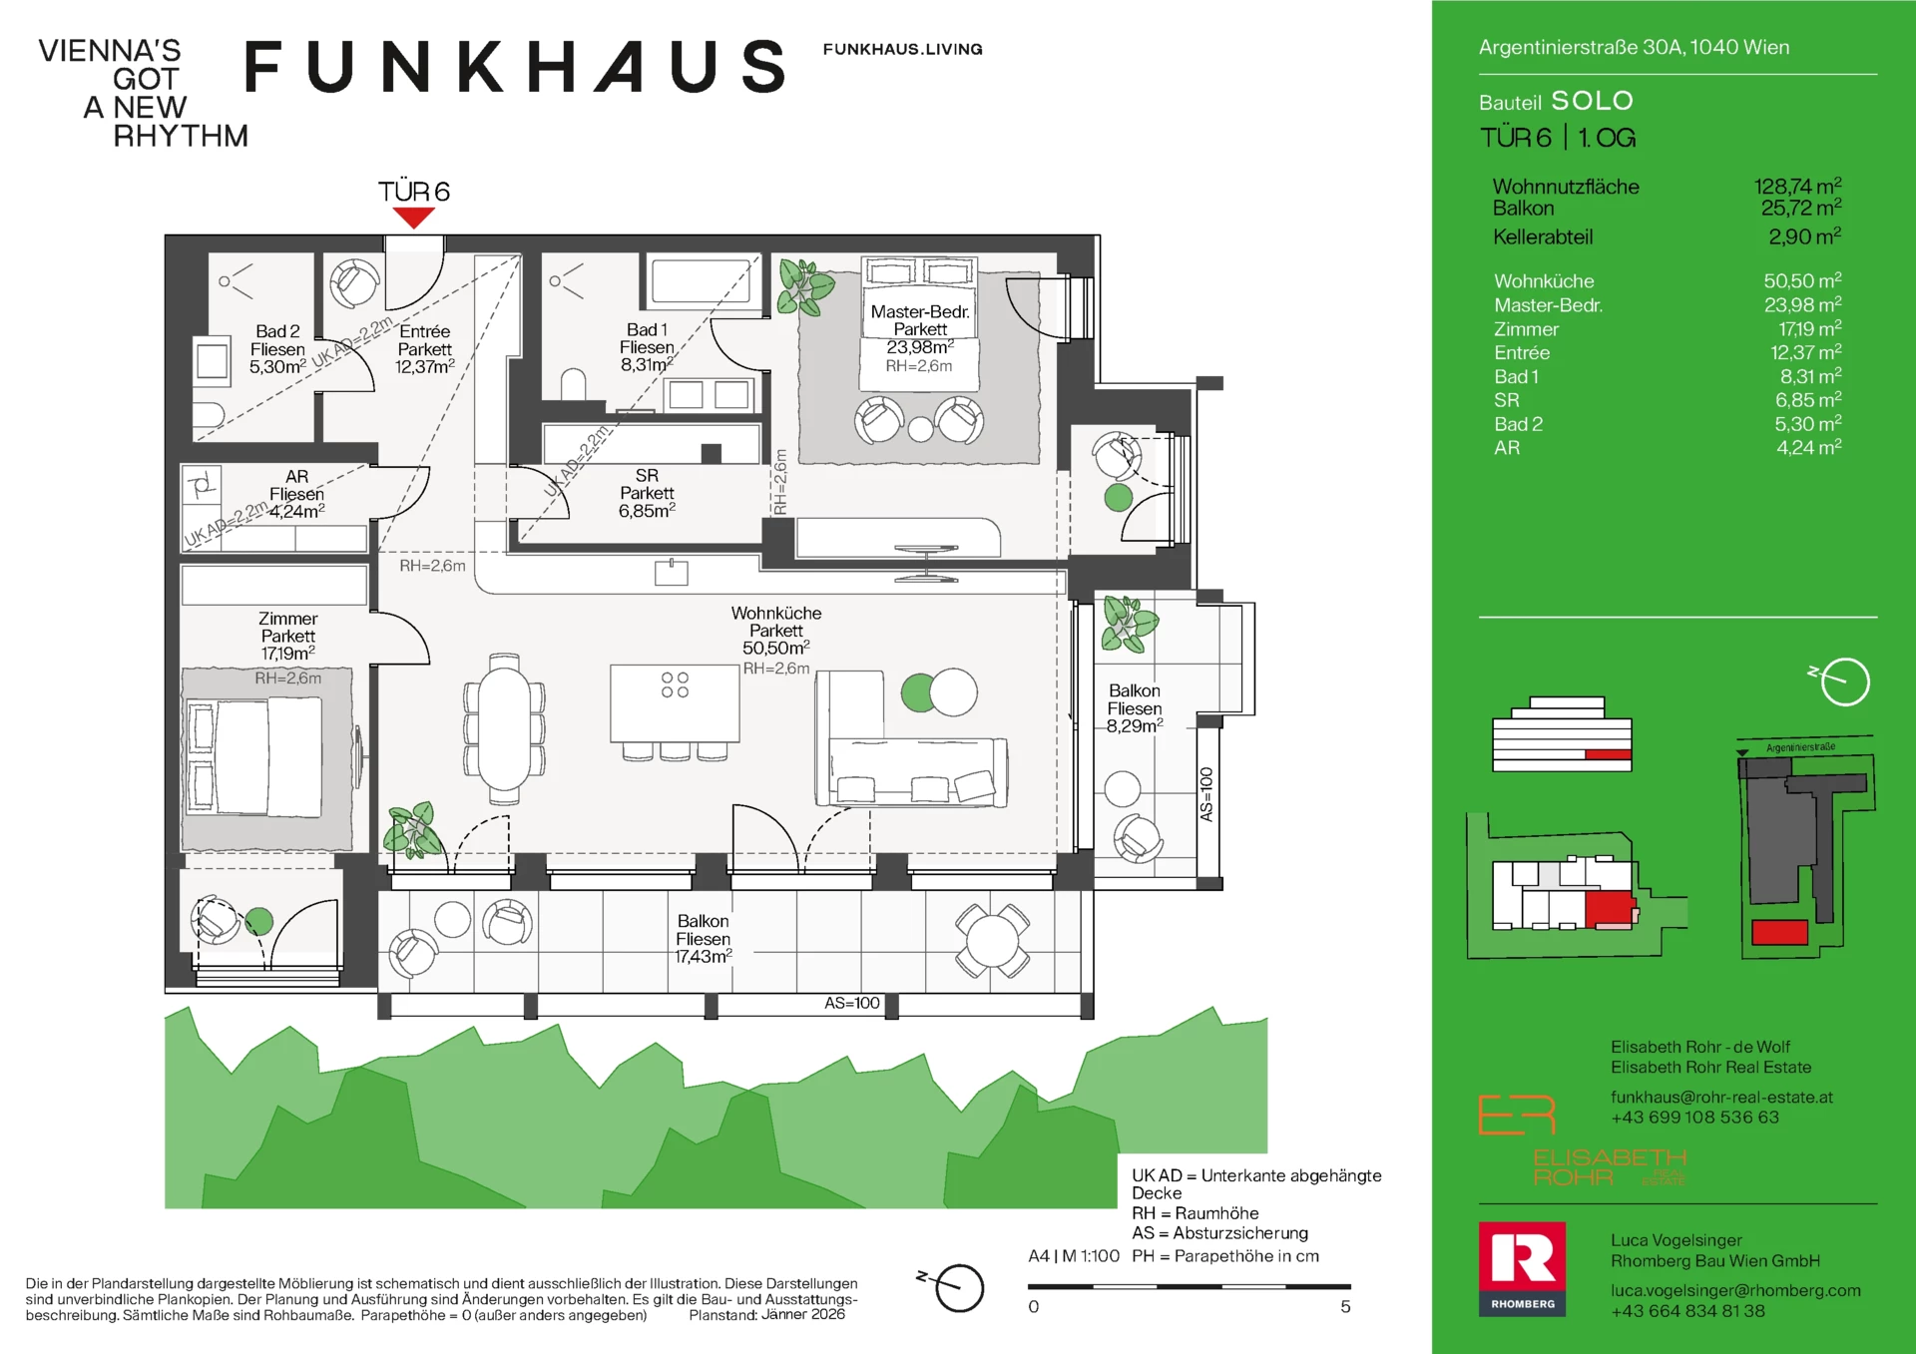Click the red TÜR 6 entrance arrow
pos(413,218)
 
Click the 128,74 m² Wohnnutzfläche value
pos(1797,187)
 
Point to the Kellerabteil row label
pos(1543,237)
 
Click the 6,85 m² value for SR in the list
pos(1807,400)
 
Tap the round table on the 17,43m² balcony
pos(992,940)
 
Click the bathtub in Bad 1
pos(702,281)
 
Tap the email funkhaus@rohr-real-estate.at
pos(1721,1097)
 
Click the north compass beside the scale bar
pos(958,1287)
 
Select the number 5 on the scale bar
pos(1345,1307)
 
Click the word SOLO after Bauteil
pos(1592,101)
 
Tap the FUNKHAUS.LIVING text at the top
pos(902,49)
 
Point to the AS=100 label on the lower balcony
pos(851,1003)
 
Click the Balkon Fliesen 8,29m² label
pos(1135,708)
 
